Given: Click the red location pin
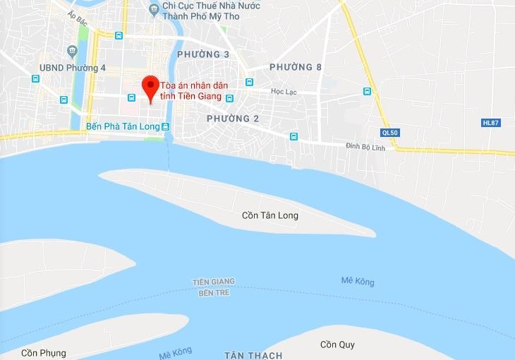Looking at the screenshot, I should click(x=150, y=86).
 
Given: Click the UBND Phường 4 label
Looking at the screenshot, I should click(x=73, y=68).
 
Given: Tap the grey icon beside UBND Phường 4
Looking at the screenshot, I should click(x=72, y=51).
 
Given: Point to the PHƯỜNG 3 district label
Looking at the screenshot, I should click(x=203, y=54).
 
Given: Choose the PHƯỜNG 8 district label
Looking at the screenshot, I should click(x=296, y=67).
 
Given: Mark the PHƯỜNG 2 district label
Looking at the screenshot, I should click(x=233, y=119).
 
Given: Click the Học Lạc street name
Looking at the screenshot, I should click(x=284, y=92).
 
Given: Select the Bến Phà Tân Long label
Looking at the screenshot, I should click(x=122, y=126).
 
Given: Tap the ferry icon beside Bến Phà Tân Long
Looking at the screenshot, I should click(x=166, y=126).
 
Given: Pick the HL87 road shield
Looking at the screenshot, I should click(x=490, y=122).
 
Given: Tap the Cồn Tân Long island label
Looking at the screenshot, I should click(x=270, y=215).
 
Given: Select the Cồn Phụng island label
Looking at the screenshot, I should click(x=43, y=353).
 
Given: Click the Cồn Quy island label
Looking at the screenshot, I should click(x=337, y=344).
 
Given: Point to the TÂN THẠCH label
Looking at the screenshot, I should click(x=253, y=355).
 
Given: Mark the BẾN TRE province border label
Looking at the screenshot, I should click(x=214, y=292).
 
